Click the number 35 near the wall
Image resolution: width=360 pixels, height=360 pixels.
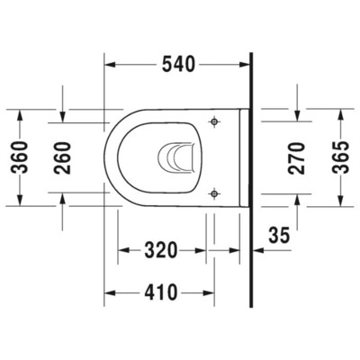pyautogui.click(x=280, y=236)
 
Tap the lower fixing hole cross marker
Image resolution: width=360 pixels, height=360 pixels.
pyautogui.click(x=214, y=191)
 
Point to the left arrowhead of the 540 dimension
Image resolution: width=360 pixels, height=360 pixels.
pyautogui.click(x=111, y=65)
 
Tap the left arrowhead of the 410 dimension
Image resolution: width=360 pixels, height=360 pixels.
pyautogui.click(x=111, y=292)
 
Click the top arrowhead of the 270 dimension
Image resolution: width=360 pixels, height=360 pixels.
pyautogui.click(x=298, y=119)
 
